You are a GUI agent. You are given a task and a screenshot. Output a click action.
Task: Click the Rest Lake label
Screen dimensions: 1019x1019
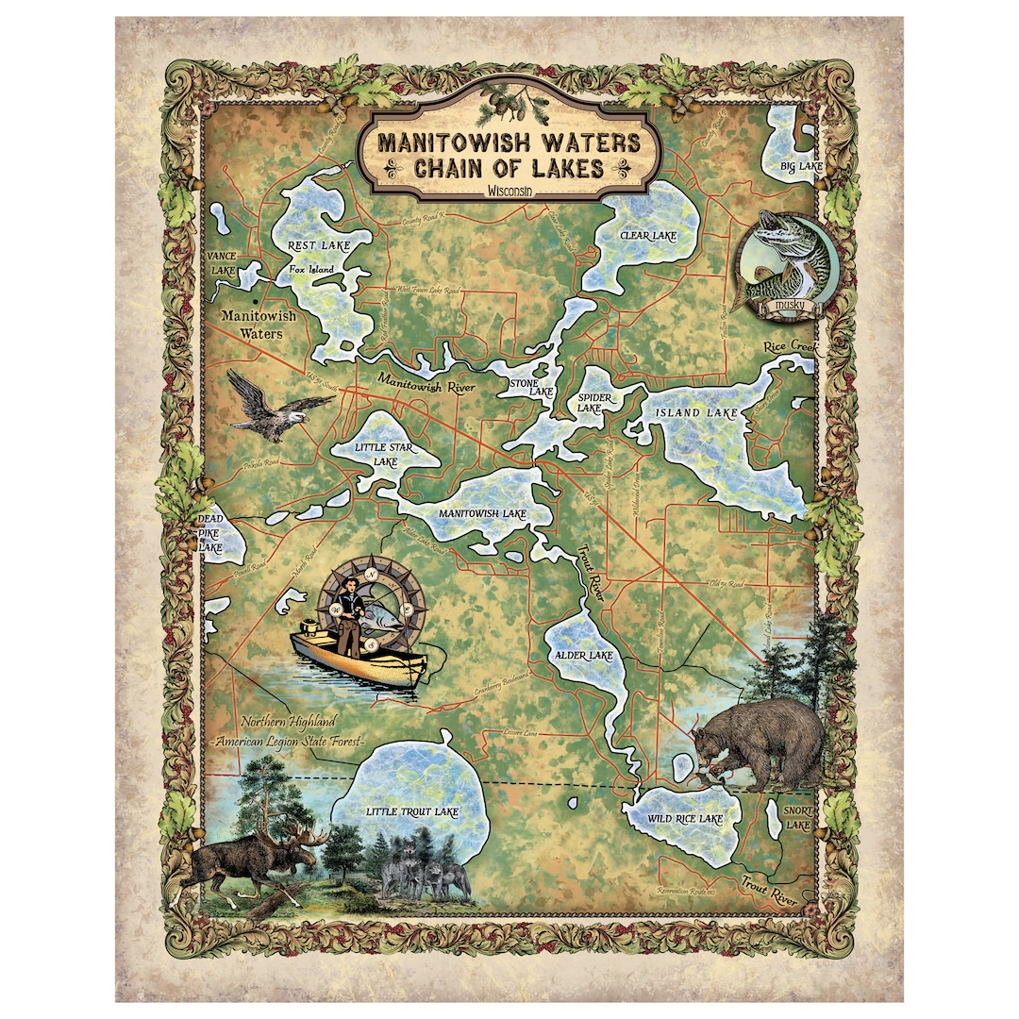pos(318,245)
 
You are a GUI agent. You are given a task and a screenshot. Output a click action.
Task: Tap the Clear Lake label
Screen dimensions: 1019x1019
pos(648,234)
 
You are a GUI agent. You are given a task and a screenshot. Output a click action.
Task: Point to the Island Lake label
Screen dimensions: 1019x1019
pos(696,413)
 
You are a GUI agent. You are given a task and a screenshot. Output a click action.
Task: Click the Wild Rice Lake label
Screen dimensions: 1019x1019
pos(685,819)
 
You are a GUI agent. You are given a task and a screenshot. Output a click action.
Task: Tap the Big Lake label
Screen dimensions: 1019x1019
pos(801,167)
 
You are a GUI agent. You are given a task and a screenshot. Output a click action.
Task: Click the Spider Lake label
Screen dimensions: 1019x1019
pos(596,404)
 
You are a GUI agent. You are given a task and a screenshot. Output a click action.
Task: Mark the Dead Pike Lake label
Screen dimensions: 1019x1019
pos(209,533)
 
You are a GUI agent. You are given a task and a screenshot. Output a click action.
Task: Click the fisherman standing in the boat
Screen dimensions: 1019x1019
pos(352,613)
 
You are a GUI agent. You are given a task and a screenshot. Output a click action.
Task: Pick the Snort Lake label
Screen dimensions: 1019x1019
pos(798,817)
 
